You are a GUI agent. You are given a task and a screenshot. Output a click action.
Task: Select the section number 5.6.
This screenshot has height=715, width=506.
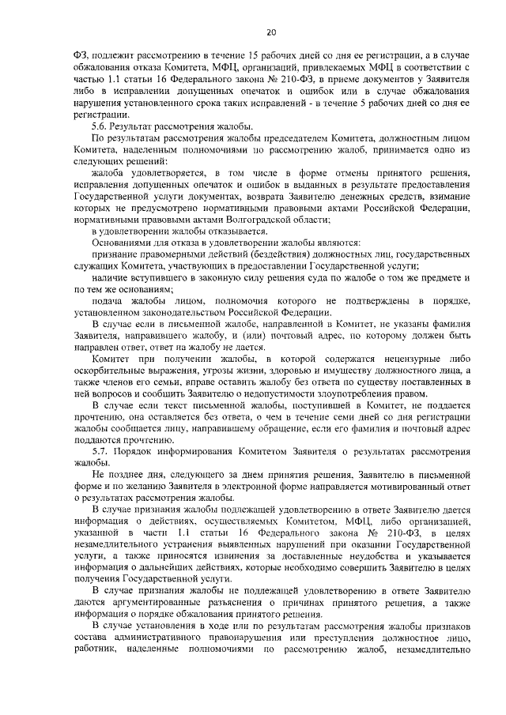(101, 126)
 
